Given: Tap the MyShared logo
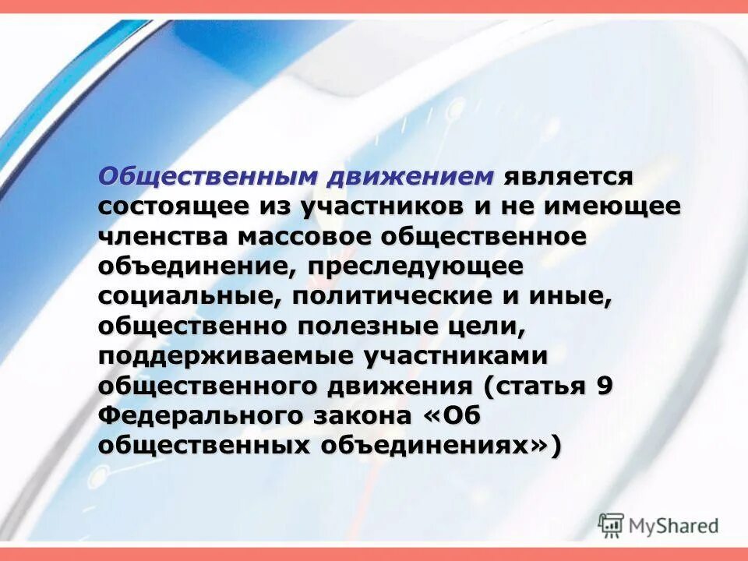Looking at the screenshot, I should click(658, 524).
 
